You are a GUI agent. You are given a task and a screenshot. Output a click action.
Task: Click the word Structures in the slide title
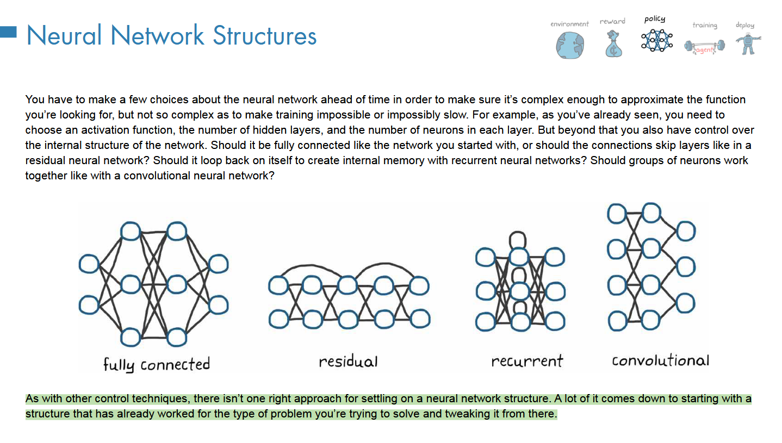point(264,36)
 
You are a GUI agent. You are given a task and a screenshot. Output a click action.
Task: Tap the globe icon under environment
point(569,45)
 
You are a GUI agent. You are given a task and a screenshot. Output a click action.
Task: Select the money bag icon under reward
point(613,44)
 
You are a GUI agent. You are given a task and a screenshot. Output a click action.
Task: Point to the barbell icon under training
point(704,46)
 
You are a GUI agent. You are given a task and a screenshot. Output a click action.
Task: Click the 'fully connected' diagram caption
point(157,364)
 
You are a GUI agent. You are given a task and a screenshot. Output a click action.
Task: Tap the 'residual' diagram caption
point(348,361)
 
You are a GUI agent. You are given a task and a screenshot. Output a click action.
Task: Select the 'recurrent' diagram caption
point(527,361)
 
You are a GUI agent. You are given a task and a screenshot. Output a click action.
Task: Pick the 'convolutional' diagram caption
point(660,360)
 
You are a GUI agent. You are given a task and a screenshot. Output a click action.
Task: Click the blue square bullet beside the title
point(9,32)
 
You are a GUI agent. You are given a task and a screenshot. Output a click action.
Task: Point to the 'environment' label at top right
point(569,24)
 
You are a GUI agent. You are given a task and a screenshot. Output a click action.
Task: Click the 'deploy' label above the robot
point(744,25)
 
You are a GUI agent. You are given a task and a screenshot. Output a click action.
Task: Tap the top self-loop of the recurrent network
point(518,239)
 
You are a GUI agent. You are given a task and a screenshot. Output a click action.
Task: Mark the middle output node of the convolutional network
point(685,267)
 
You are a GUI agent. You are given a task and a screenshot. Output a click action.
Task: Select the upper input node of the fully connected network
point(89,264)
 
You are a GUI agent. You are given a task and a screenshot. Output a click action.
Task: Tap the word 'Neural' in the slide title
point(64,36)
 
